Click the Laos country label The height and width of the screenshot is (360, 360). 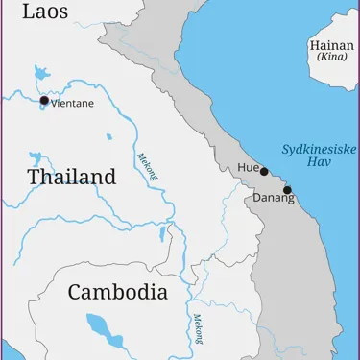coord(46,12)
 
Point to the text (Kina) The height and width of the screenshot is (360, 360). coord(331,58)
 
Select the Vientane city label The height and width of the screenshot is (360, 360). coord(74,104)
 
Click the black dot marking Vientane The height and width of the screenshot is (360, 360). coord(44,100)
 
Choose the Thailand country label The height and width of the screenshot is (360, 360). coord(72,178)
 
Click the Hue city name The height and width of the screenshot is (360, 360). coord(248,168)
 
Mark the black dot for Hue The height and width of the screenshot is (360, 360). coord(264,172)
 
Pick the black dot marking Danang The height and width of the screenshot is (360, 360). coord(287,190)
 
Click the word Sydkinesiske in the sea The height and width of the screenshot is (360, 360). coord(320,149)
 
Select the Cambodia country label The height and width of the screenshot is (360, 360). coord(117,293)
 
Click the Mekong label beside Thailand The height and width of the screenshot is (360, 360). coord(146,170)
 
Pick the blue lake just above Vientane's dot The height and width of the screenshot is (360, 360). coord(41,73)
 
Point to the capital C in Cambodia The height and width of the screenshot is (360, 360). coord(76,293)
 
